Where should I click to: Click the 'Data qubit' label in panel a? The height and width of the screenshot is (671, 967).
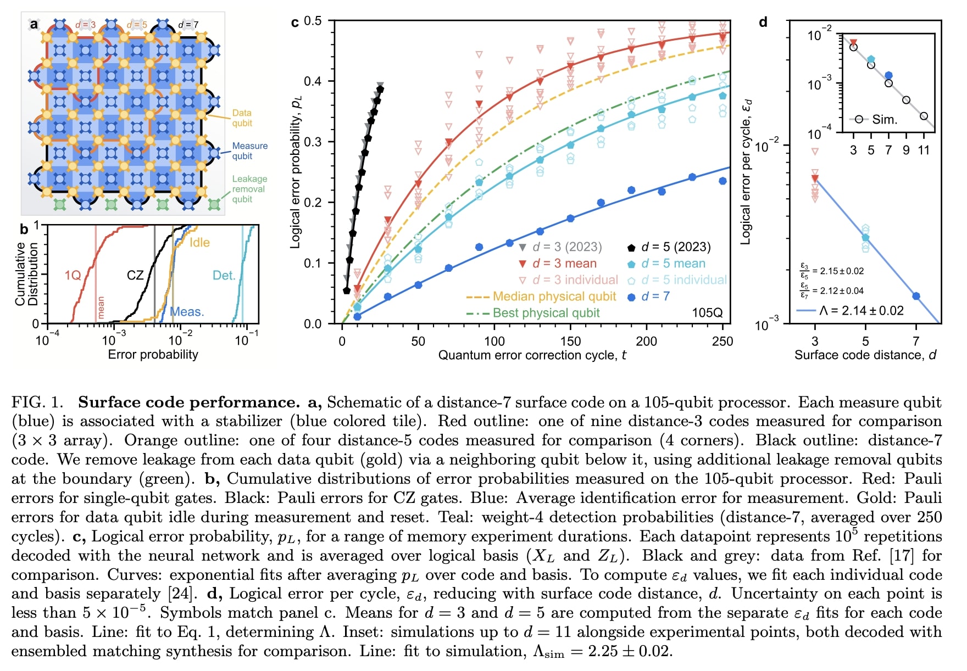coord(242,118)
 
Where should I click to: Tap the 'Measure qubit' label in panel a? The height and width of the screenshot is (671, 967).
coord(249,150)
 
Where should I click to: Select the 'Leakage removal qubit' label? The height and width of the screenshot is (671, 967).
coord(249,188)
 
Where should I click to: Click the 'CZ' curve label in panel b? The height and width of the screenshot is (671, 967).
coord(135,275)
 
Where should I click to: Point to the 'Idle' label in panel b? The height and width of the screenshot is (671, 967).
coord(199,242)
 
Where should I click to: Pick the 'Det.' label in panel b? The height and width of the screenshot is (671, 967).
coord(224,275)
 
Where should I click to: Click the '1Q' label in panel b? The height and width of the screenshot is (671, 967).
coord(73,275)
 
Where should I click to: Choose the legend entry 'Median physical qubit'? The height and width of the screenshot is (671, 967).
coord(554,297)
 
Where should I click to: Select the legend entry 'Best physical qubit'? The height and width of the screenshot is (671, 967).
coord(546,313)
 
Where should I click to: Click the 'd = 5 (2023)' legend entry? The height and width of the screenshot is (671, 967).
coord(675,247)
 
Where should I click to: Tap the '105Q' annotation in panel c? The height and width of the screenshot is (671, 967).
coord(707,313)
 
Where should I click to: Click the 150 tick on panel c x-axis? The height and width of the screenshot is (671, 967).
coord(570,342)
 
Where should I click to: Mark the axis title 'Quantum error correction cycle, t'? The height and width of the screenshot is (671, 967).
coord(532,355)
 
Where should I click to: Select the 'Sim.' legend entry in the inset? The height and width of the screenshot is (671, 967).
coord(883,119)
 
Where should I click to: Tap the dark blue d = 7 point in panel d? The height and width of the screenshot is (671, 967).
coord(916,296)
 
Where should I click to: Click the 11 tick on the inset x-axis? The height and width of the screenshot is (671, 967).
coord(924,150)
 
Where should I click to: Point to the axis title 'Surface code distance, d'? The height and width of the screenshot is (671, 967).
coord(865,355)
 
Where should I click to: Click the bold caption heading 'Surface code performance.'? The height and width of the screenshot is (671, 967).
coord(188,402)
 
